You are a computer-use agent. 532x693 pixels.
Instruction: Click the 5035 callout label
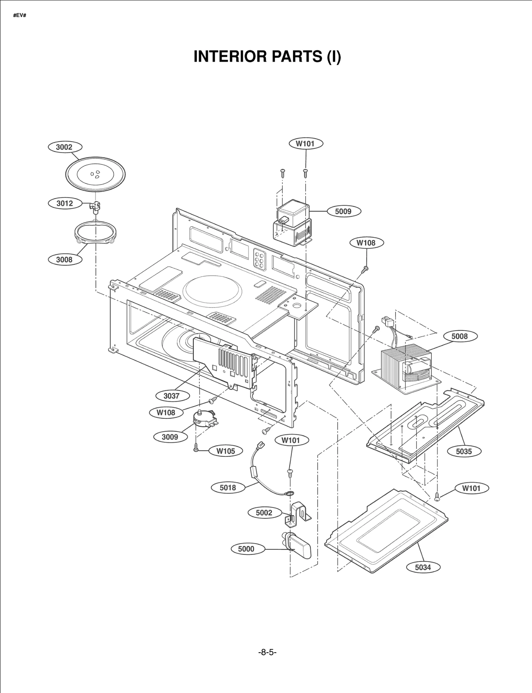pos(464,451)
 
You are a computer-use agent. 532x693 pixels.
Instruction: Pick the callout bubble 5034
pos(423,567)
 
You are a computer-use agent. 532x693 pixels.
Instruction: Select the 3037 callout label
pos(172,396)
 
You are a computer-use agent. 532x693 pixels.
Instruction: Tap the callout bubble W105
pos(226,451)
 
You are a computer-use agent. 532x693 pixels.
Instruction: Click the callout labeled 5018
pos(228,488)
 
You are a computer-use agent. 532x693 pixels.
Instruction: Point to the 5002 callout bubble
pos(264,513)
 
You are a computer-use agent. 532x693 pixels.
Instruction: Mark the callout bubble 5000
pos(246,549)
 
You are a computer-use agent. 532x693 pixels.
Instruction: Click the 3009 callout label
pos(170,437)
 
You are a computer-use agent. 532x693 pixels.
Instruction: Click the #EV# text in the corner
pos(20,16)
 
